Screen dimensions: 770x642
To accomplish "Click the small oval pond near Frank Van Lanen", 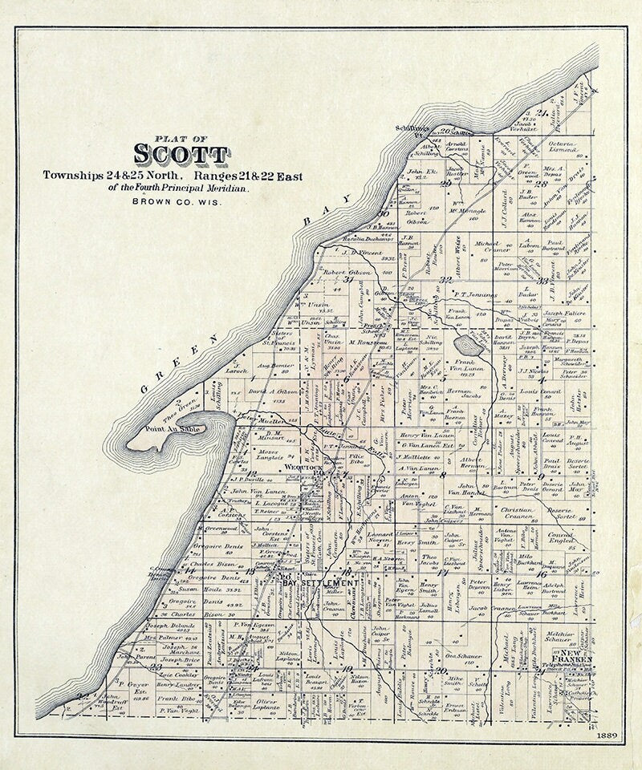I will tap(468, 346).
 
